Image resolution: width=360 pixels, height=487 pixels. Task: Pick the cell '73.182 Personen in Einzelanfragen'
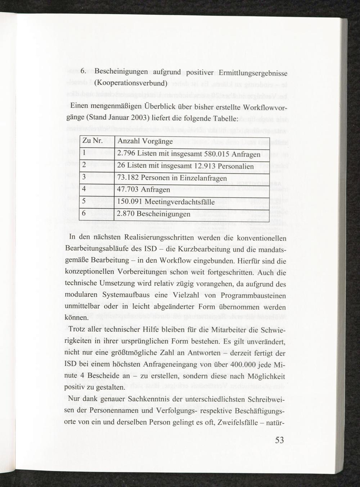pyautogui.click(x=172, y=178)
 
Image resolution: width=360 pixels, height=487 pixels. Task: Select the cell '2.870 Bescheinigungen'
pyautogui.click(x=154, y=214)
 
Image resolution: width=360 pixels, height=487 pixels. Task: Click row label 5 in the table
pyautogui.click(x=84, y=202)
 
